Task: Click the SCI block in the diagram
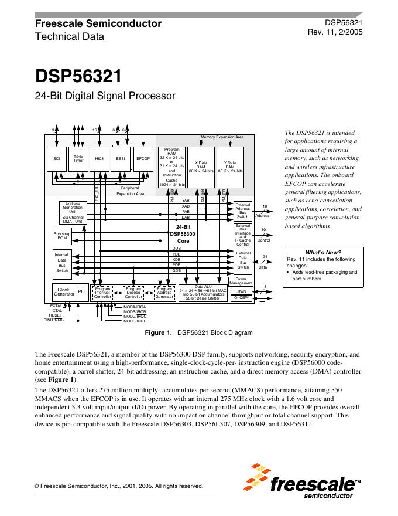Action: [57, 158]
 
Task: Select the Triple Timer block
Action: [79, 158]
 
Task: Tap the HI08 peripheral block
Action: [100, 158]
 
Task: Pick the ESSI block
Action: [121, 158]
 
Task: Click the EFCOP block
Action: [143, 158]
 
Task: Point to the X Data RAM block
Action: [201, 167]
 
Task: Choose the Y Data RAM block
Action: [230, 167]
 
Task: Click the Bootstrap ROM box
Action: [61, 236]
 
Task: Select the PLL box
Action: [82, 291]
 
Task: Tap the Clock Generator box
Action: [64, 291]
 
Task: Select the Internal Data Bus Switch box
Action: [61, 263]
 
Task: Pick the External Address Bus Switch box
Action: [242, 211]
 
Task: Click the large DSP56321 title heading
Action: [78, 77]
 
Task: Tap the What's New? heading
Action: [324, 252]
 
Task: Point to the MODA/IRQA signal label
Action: [135, 307]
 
